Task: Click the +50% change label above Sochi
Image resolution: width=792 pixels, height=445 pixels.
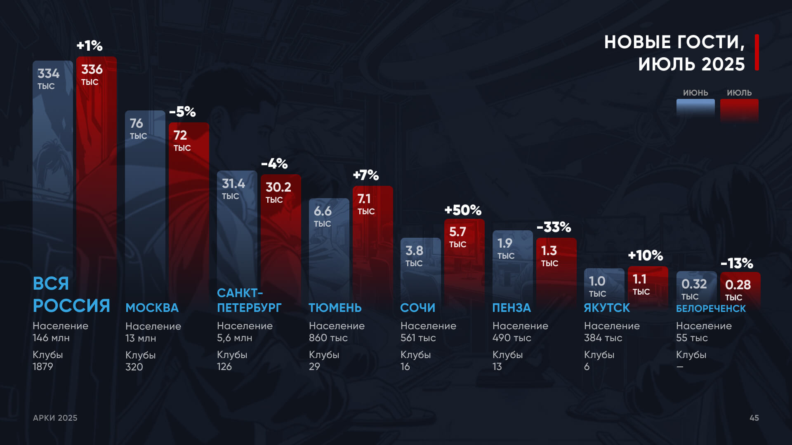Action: (463, 210)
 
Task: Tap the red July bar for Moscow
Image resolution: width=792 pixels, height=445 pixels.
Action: (189, 214)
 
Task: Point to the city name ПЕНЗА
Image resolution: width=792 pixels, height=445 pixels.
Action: (511, 308)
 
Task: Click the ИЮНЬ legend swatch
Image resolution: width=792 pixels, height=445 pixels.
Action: (695, 108)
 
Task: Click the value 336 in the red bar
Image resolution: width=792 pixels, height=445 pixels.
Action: (92, 69)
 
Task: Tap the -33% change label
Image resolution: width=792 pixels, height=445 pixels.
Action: (554, 227)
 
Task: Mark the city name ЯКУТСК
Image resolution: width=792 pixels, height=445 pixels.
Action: (607, 308)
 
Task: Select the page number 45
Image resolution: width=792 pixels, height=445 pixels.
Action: (754, 418)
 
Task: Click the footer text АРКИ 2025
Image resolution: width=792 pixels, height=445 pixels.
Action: (55, 418)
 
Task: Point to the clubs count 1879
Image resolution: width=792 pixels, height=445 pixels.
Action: (43, 366)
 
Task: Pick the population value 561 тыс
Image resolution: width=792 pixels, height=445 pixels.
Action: (418, 338)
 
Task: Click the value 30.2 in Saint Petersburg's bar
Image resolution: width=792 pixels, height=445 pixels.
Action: (278, 187)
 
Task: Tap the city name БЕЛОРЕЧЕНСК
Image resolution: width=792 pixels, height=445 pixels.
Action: (711, 309)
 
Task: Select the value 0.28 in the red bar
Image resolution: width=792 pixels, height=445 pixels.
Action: (738, 285)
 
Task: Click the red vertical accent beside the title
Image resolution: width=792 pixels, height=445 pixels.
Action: (757, 52)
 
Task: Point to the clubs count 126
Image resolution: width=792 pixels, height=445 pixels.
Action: (224, 366)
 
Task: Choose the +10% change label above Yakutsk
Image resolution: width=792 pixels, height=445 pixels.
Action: (645, 255)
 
